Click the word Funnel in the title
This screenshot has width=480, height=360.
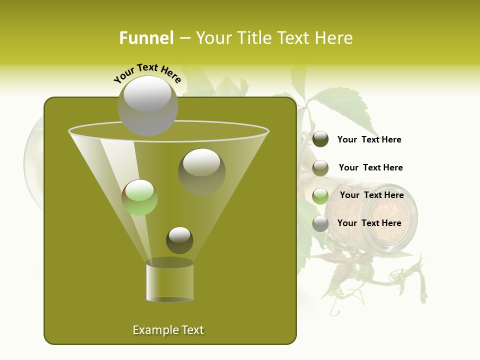click(146, 38)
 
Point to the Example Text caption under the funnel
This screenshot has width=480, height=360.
click(168, 330)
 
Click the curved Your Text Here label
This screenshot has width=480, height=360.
click(147, 72)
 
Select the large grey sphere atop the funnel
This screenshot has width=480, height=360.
click(148, 105)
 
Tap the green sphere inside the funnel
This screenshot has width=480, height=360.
click(139, 197)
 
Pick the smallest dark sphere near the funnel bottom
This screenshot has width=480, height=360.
click(179, 240)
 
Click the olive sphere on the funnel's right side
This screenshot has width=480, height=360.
click(201, 172)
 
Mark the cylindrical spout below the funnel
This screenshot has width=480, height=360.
click(169, 281)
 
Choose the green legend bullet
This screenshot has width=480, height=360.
click(320, 196)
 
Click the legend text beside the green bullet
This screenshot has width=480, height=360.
click(371, 195)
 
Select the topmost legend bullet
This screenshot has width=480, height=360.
click(320, 139)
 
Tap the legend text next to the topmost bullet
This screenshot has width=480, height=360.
click(369, 139)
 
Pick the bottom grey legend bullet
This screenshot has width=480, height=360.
click(320, 223)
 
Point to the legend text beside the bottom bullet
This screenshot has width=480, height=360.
click(369, 223)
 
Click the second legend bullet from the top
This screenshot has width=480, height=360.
click(320, 168)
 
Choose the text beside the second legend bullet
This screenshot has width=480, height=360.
click(370, 167)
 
